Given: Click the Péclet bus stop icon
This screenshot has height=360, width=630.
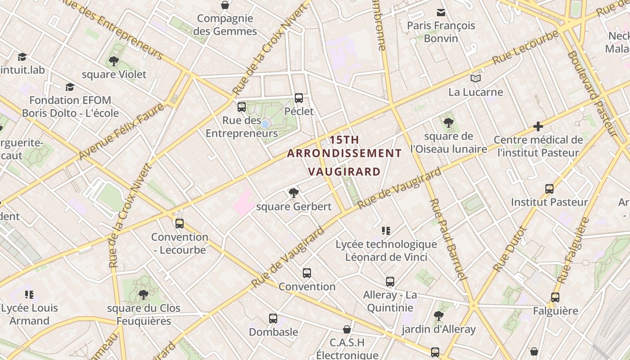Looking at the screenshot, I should tap(299, 98).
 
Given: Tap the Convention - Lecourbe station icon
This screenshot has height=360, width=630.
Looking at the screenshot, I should tap(180, 224).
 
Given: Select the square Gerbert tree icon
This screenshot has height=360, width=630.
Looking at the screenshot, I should tap(294, 193).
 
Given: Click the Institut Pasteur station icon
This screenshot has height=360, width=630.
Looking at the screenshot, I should tap(549, 189).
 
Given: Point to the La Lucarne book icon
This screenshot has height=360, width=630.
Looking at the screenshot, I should tap(476, 79).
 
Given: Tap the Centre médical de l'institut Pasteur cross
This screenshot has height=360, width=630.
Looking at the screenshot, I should tap(538, 126).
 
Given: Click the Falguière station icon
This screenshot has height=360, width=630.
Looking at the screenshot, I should tap(555, 297).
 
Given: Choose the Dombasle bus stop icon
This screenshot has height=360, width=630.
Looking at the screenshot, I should tap(273, 319).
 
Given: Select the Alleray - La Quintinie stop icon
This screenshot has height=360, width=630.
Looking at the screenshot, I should tap(390, 282).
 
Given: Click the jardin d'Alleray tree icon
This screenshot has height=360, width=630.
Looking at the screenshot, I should tap(439, 316).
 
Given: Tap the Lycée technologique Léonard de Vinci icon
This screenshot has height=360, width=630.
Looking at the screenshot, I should tap(386, 231).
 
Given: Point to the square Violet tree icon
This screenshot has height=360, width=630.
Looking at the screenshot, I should tap(114, 61).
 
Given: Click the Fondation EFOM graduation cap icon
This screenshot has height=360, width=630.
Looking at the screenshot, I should tap(70, 87).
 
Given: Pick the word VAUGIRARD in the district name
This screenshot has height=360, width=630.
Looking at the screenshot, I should tap(344, 171).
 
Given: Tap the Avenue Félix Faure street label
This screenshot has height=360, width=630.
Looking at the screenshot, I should tap(121, 131).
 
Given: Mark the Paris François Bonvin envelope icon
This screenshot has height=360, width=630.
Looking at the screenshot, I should tap(441, 13).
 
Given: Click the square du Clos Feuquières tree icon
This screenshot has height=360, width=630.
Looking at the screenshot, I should tap(144, 295).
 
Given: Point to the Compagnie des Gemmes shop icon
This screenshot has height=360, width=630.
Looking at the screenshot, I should tap(225, 5).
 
